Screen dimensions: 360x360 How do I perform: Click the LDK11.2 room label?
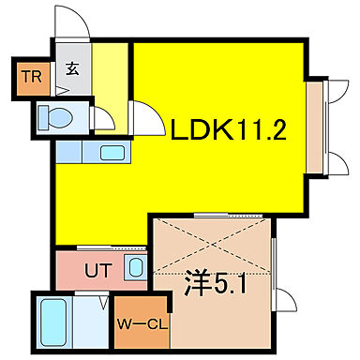pyautogui.click(x=227, y=130)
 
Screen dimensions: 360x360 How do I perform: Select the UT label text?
pyautogui.click(x=97, y=271)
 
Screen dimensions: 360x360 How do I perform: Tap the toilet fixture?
pyautogui.click(x=56, y=118)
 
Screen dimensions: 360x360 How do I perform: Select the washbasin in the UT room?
pyautogui.click(x=134, y=270)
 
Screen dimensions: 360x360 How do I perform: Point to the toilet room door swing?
pyautogui.click(x=101, y=120)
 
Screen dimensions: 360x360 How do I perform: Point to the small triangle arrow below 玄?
pyautogui.click(x=63, y=90)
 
